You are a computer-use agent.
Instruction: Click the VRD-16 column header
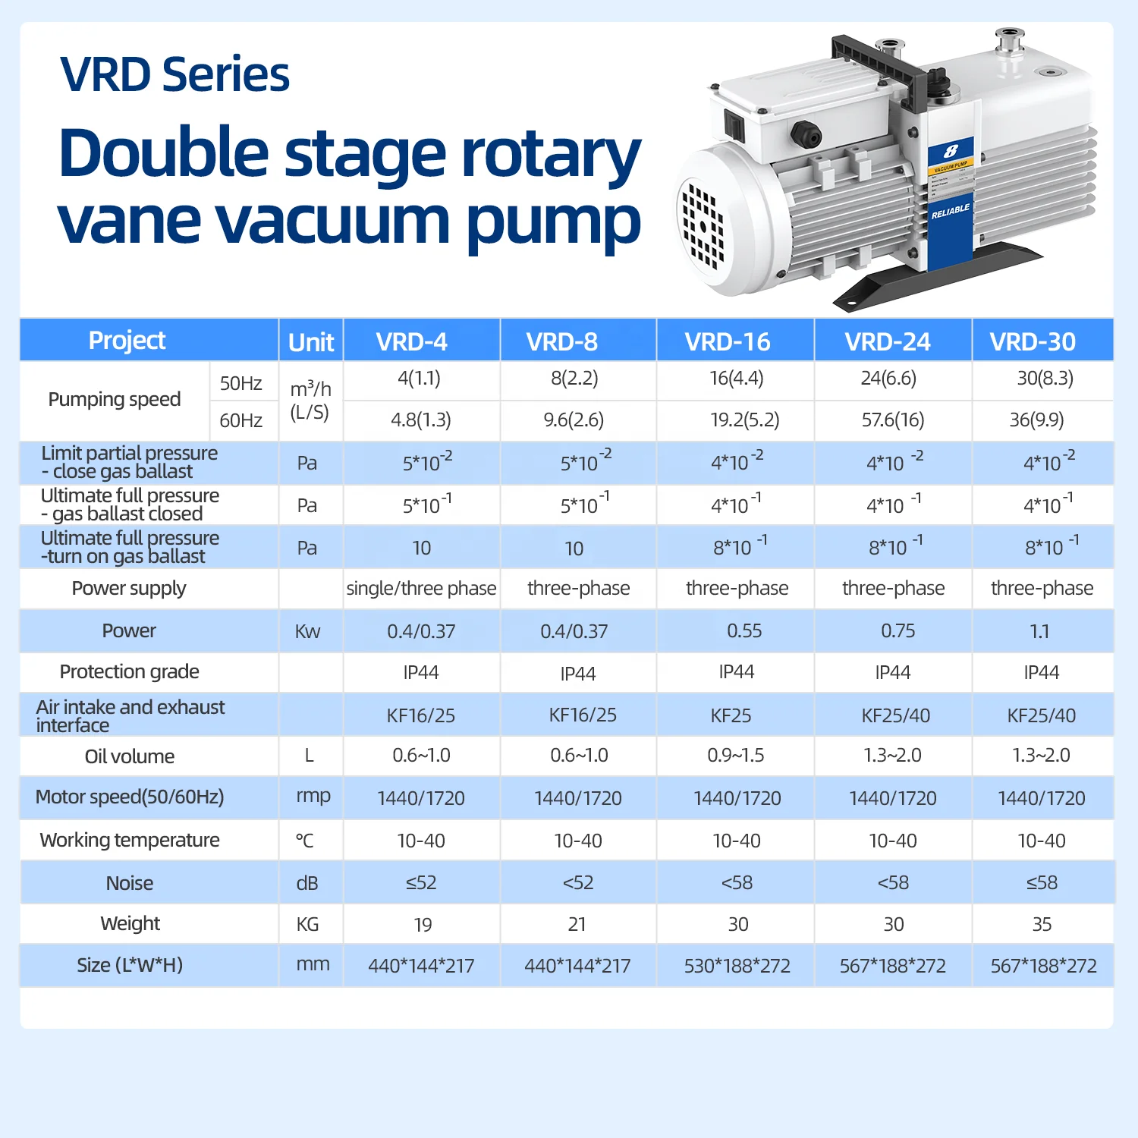pyautogui.click(x=728, y=341)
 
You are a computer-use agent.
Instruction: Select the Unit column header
pyautogui.click(x=311, y=342)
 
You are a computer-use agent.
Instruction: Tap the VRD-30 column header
pyautogui.click(x=1033, y=341)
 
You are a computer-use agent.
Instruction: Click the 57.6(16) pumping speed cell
pyautogui.click(x=892, y=420)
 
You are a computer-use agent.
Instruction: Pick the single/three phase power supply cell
pyautogui.click(x=421, y=588)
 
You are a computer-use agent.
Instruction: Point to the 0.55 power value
pyautogui.click(x=744, y=630)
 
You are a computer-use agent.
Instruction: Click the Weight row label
pyautogui.click(x=130, y=923)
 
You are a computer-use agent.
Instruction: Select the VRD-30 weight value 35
pyautogui.click(x=1042, y=924)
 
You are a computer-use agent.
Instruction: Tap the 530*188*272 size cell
pyautogui.click(x=737, y=966)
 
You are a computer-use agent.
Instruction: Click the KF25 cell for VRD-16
pyautogui.click(x=731, y=715)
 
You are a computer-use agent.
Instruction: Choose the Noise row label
pyautogui.click(x=130, y=883)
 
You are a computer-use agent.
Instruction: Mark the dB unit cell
pyautogui.click(x=307, y=883)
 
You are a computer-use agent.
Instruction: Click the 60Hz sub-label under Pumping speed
pyautogui.click(x=240, y=420)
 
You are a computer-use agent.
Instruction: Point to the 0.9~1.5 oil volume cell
pyautogui.click(x=735, y=756)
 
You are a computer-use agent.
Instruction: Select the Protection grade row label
pyautogui.click(x=130, y=671)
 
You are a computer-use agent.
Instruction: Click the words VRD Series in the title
pyautogui.click(x=174, y=74)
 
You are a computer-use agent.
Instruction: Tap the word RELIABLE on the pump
pyautogui.click(x=950, y=212)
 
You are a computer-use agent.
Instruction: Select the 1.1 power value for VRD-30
pyautogui.click(x=1039, y=631)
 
